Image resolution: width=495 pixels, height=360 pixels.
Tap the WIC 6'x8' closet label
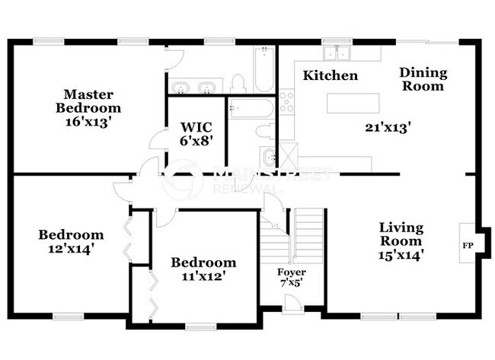click(x=196, y=134)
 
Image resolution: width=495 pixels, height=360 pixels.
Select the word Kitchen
click(x=330, y=75)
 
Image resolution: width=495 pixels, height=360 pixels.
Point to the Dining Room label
click(x=423, y=80)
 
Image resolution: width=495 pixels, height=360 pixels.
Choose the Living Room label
click(x=401, y=241)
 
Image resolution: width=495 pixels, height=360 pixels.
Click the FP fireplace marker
click(x=467, y=246)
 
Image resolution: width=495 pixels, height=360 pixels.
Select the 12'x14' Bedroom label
click(x=71, y=241)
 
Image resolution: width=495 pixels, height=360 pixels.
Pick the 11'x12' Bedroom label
click(x=203, y=269)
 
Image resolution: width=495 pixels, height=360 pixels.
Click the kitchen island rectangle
click(x=353, y=102)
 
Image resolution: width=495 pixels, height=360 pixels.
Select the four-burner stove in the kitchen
click(x=286, y=103)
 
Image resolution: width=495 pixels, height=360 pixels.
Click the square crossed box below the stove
click(x=288, y=154)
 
